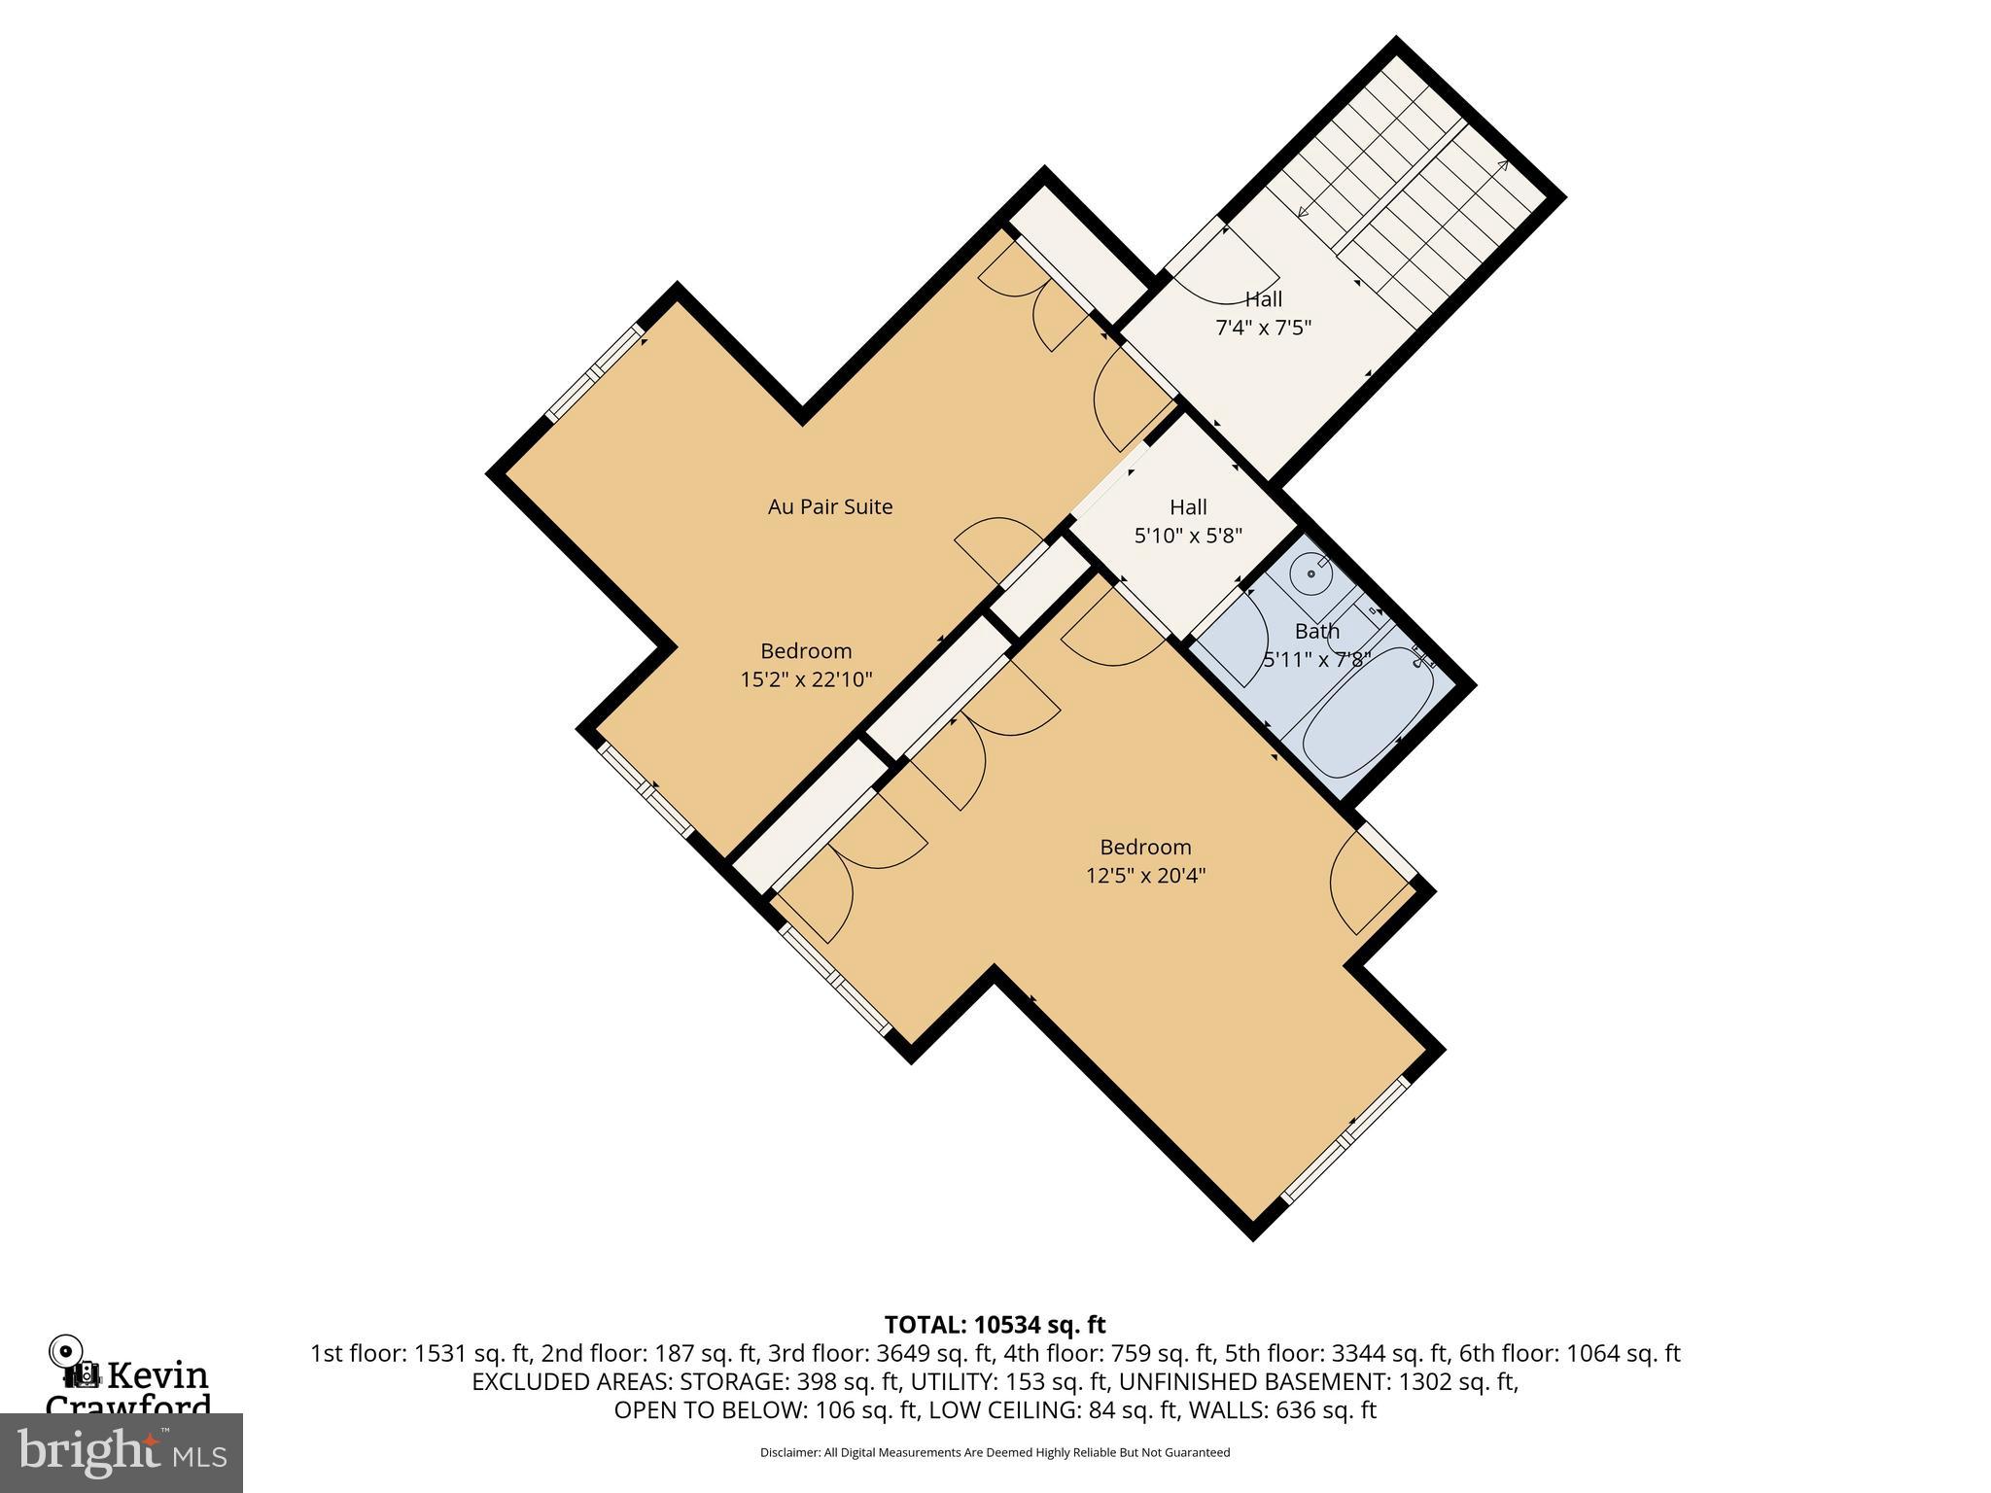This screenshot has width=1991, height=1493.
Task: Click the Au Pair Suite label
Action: pos(829,506)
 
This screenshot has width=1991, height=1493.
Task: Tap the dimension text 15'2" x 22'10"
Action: pos(806,679)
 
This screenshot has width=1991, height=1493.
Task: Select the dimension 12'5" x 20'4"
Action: pos(1145,875)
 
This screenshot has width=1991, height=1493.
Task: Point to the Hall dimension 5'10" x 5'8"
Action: pos(1188,535)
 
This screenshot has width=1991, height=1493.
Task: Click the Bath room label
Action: pos(1316,631)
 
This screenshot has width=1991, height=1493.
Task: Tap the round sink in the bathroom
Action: pos(1311,573)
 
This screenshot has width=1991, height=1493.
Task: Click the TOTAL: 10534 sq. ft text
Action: pos(995,1324)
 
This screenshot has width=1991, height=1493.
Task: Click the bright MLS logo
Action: pos(122,1452)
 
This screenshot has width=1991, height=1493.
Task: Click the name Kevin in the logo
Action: pos(157,1375)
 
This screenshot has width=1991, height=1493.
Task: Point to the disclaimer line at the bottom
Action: pos(995,1452)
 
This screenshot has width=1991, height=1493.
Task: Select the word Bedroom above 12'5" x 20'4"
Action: pos(1145,847)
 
